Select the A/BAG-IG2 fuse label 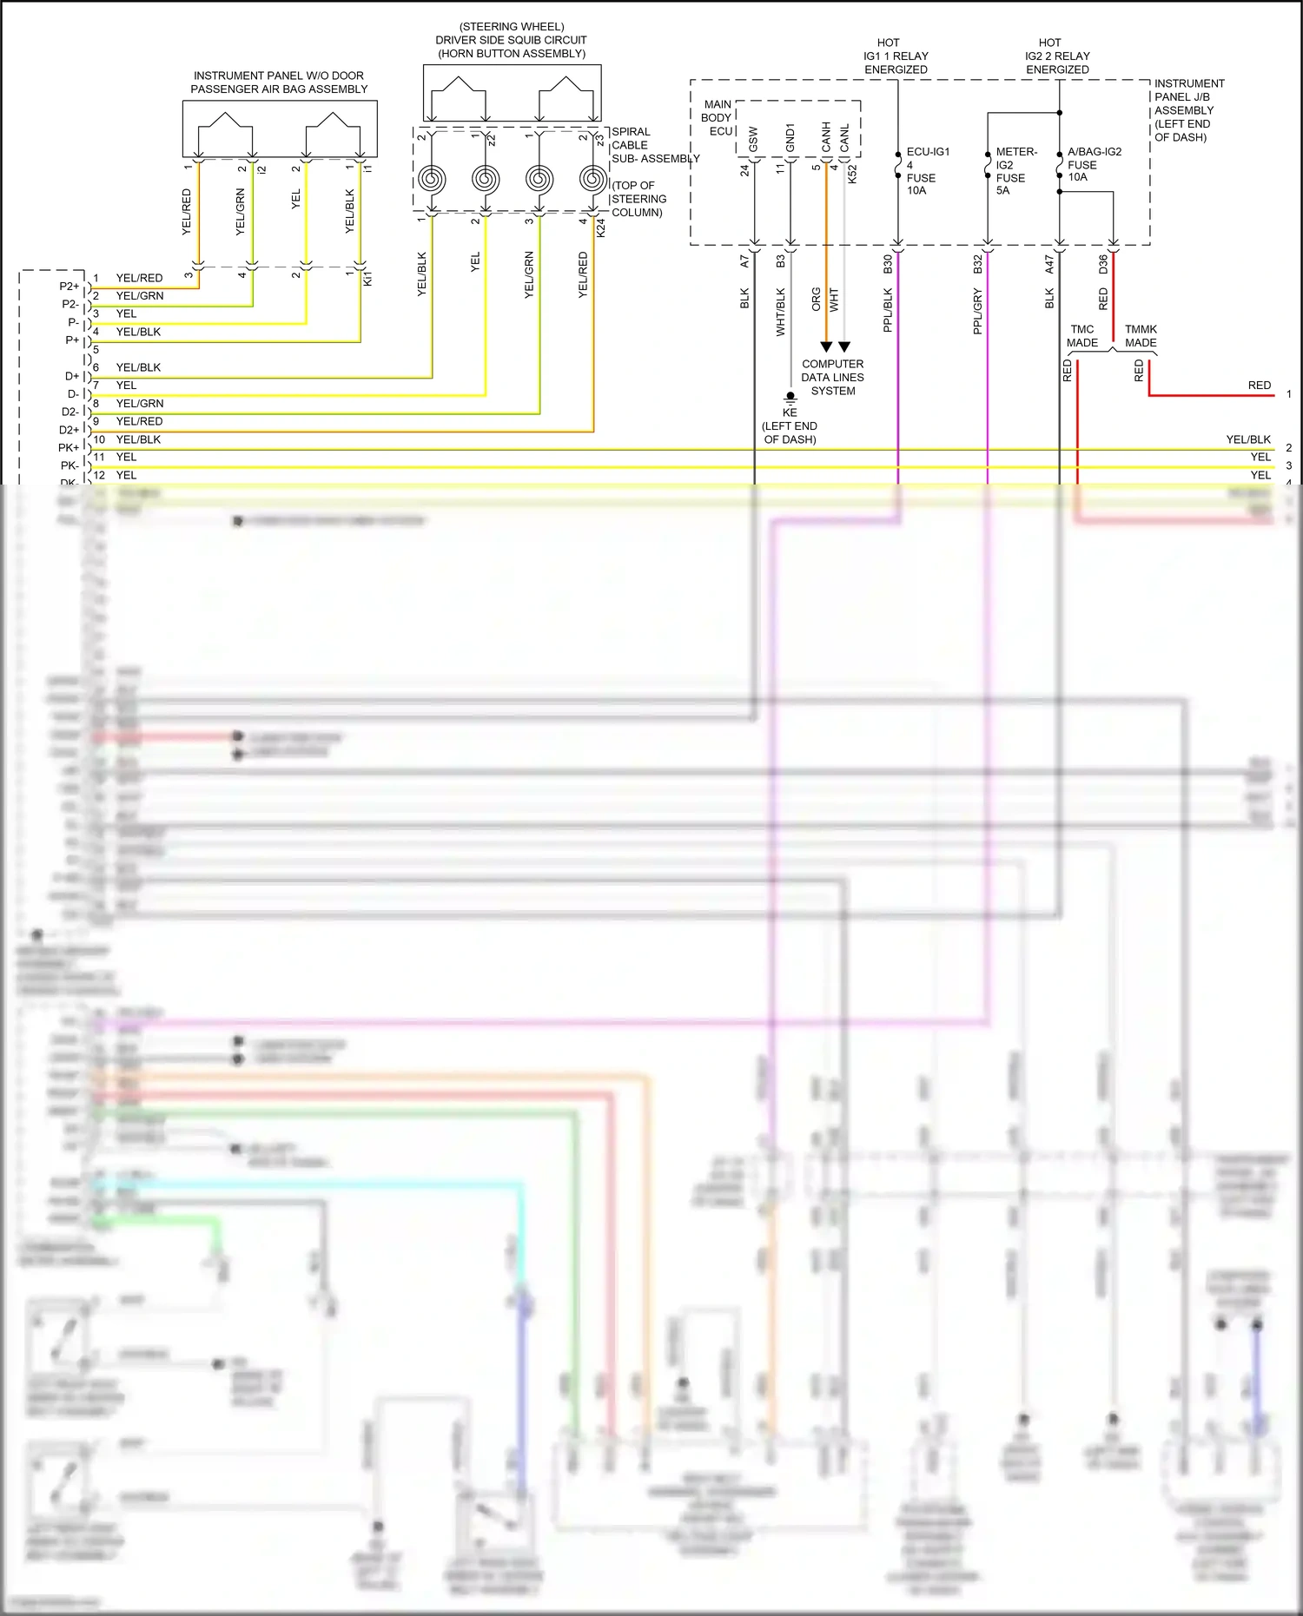tap(1094, 163)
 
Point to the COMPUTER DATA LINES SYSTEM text tap(832, 377)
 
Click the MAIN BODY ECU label tap(718, 117)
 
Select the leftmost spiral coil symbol tap(432, 180)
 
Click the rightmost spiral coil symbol tap(593, 180)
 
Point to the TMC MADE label tap(1082, 336)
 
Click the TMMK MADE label tap(1141, 336)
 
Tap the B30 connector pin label tap(888, 264)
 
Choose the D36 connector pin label tap(1103, 264)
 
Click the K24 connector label tap(601, 228)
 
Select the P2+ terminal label tap(69, 286)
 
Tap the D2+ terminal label tap(69, 430)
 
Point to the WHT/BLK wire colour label tap(780, 312)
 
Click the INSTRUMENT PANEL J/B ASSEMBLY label tap(1188, 110)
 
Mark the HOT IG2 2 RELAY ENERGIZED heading tap(1057, 56)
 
